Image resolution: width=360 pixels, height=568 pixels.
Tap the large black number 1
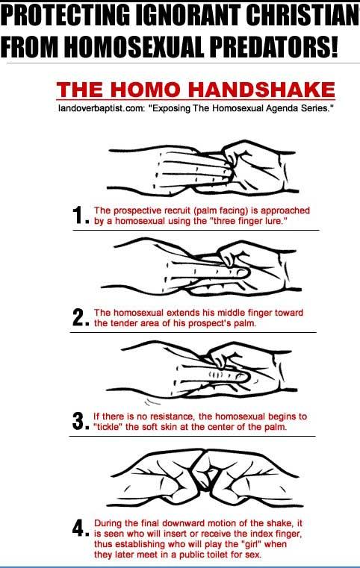tap(78, 215)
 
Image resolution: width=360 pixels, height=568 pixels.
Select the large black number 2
tap(78, 317)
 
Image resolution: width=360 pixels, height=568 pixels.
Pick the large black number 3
tap(78, 421)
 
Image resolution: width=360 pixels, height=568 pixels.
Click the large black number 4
tap(78, 528)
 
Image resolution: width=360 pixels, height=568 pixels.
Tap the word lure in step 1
tap(274, 221)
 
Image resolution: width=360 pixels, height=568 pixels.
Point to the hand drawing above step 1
tap(203, 168)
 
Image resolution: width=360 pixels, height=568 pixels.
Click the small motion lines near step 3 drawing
tap(152, 402)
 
